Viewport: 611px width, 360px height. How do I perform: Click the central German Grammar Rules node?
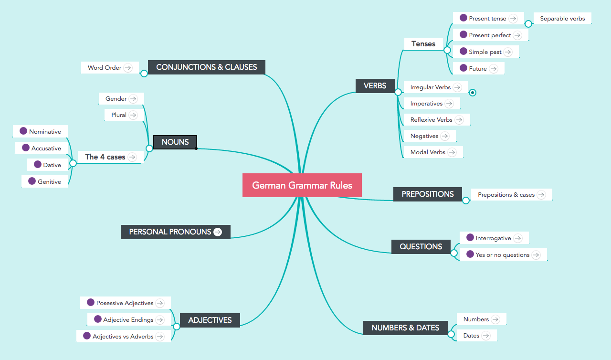coord(302,185)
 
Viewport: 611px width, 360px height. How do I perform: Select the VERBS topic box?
coord(375,86)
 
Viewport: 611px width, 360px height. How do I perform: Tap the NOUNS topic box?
coord(175,142)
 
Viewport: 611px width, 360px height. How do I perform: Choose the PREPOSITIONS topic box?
coord(427,194)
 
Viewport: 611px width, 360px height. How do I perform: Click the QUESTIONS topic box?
coord(421,247)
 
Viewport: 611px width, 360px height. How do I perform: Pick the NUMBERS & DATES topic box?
coord(405,328)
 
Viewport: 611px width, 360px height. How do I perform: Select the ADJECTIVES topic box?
coord(210,320)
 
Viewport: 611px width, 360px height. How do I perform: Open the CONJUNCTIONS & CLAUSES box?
coord(206,67)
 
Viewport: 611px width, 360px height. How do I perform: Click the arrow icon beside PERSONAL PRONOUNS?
coord(218,232)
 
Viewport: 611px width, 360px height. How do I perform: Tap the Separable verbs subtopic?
coord(562,19)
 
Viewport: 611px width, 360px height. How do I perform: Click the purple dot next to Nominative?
coord(23,131)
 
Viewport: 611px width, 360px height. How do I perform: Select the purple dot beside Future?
coord(464,68)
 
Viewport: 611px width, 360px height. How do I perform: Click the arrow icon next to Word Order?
coord(127,68)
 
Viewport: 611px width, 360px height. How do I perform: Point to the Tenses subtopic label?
coord(423,44)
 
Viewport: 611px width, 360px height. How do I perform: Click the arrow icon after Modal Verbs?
coord(452,152)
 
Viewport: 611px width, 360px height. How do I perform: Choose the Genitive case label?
coord(49,182)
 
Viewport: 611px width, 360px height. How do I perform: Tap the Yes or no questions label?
coord(502,255)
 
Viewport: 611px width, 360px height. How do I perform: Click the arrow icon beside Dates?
coord(485,336)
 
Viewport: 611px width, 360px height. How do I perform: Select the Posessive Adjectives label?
coord(125,303)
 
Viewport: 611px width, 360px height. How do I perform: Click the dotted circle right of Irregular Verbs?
coord(473,93)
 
